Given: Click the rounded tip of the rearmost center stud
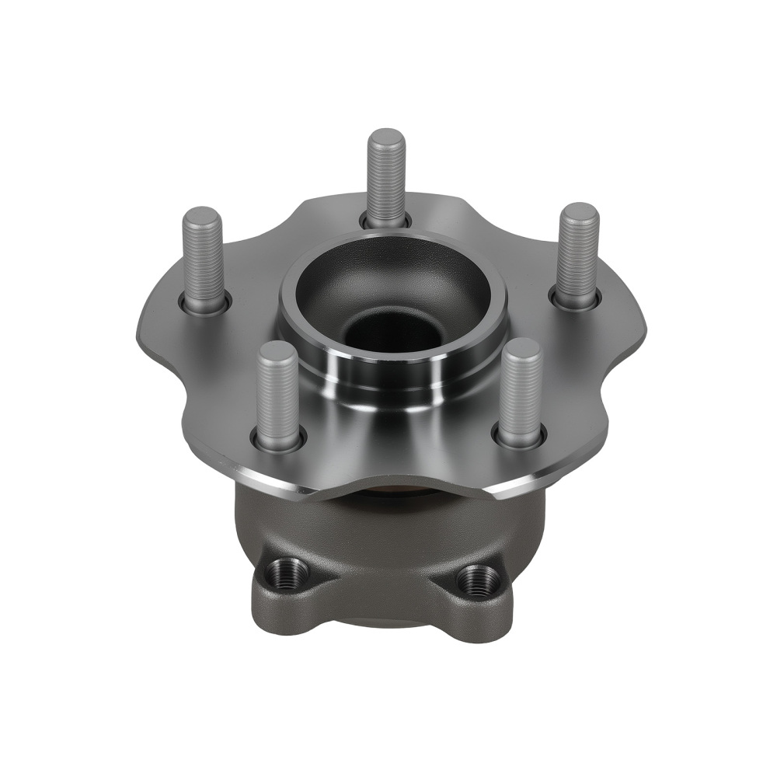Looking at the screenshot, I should tap(386, 138).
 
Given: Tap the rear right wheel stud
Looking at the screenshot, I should tap(579, 253).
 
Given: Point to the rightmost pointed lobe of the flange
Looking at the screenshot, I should tap(641, 330).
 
